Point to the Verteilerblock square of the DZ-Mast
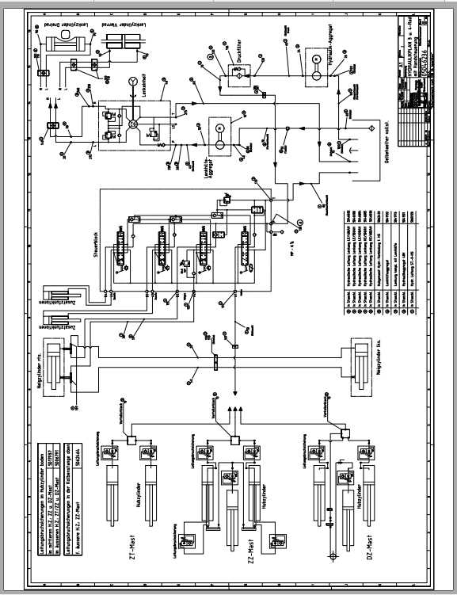pyautogui.click(x=345, y=433)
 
